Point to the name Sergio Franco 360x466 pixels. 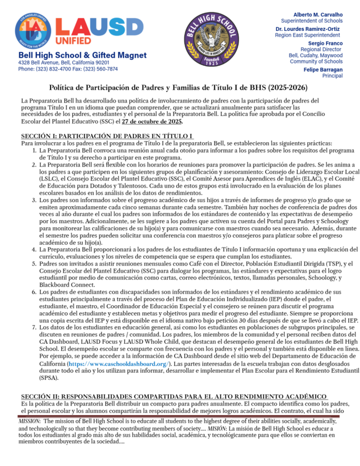[x=325, y=43]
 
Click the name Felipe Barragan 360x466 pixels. [x=323, y=69]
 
